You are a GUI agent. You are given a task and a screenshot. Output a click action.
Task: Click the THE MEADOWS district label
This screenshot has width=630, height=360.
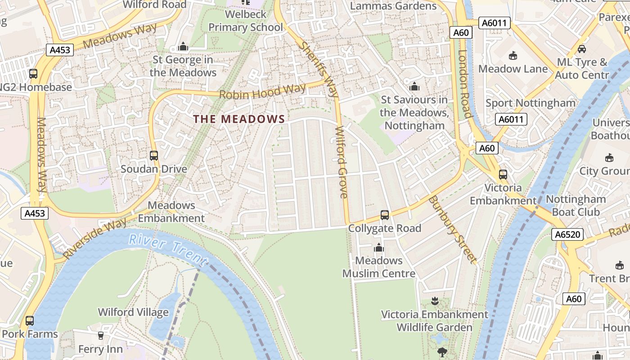(239, 119)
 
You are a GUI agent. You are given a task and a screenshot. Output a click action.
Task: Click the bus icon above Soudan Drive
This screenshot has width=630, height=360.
(154, 156)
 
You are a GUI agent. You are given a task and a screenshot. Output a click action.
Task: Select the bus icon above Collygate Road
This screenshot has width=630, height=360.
(385, 215)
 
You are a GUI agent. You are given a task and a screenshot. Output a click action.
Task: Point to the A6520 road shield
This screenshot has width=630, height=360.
(568, 234)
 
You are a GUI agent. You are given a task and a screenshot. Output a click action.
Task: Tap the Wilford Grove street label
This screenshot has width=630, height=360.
(342, 162)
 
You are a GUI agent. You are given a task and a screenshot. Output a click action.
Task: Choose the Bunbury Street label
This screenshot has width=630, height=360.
(452, 229)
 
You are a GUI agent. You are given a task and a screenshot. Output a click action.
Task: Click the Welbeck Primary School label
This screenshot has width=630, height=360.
(246, 21)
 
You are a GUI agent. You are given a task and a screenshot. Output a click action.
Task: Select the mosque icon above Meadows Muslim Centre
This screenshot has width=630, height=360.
(379, 247)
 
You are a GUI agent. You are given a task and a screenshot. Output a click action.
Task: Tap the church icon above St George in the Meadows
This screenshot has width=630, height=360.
(183, 46)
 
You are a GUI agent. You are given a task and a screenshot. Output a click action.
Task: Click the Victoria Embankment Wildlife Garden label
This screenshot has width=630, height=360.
(434, 320)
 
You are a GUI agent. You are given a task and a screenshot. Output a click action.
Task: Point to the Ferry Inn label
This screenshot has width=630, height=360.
(100, 349)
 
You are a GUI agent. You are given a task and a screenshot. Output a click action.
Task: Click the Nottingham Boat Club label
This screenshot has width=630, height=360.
(576, 205)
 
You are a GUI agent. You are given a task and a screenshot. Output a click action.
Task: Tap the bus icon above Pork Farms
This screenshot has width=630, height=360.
(30, 321)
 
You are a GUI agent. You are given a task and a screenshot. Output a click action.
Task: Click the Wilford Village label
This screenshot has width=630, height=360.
(133, 312)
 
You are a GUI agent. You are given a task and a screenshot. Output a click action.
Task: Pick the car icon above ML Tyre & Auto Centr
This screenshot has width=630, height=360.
(582, 49)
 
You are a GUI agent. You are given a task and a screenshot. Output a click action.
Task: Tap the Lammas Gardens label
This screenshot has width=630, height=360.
(393, 6)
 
